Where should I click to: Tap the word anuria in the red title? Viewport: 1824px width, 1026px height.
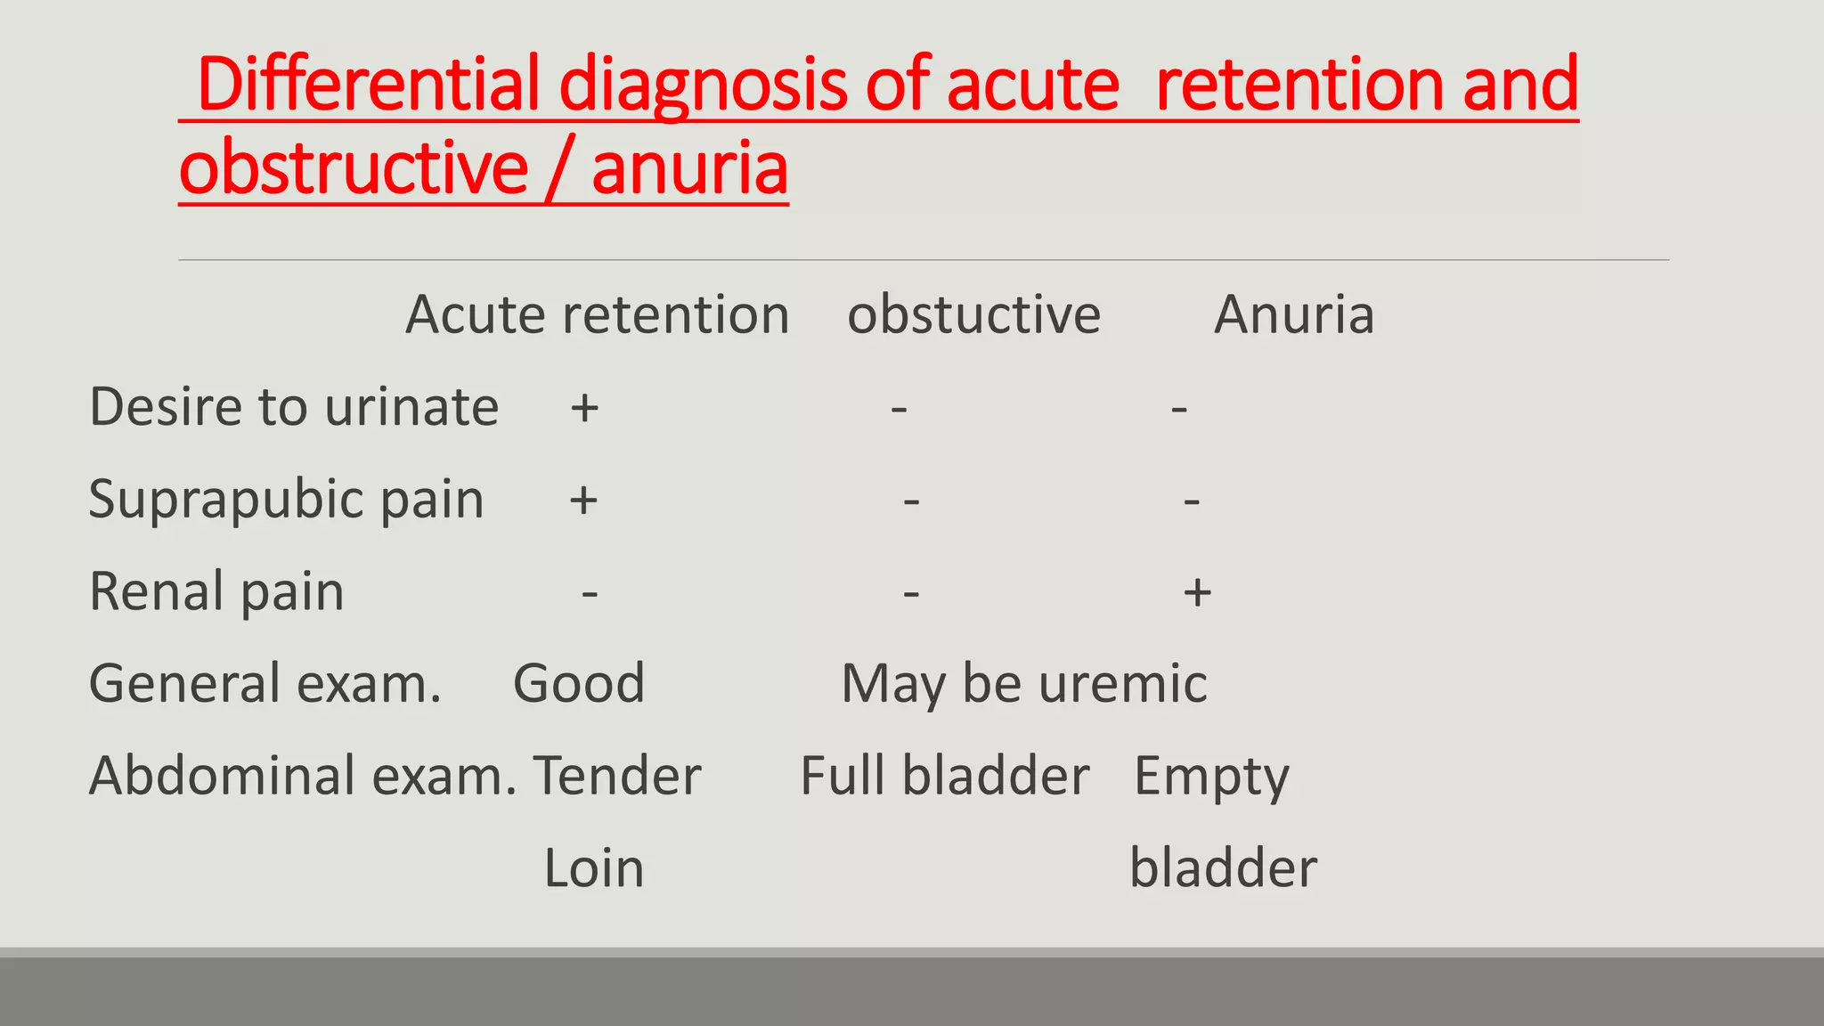point(689,168)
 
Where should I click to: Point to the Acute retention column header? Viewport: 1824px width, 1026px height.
point(598,314)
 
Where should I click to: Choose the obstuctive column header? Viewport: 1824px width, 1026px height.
point(973,314)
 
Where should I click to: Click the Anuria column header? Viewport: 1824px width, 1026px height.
point(1294,314)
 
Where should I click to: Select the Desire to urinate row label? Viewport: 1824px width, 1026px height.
point(294,407)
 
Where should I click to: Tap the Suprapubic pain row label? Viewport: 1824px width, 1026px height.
point(286,499)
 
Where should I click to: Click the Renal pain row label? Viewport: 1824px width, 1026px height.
point(216,591)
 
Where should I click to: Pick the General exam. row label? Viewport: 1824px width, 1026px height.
point(265,683)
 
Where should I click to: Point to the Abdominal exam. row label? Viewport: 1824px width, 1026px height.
point(303,776)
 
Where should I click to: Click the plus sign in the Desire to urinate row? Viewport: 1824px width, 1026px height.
point(584,409)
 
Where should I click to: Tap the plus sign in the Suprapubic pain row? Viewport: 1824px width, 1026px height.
point(583,501)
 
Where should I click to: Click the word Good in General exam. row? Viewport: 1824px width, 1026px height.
point(579,683)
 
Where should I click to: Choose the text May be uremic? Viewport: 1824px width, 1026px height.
point(1024,683)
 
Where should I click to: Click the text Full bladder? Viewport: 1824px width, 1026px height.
point(944,776)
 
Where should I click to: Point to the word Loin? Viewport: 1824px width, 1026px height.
point(593,868)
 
